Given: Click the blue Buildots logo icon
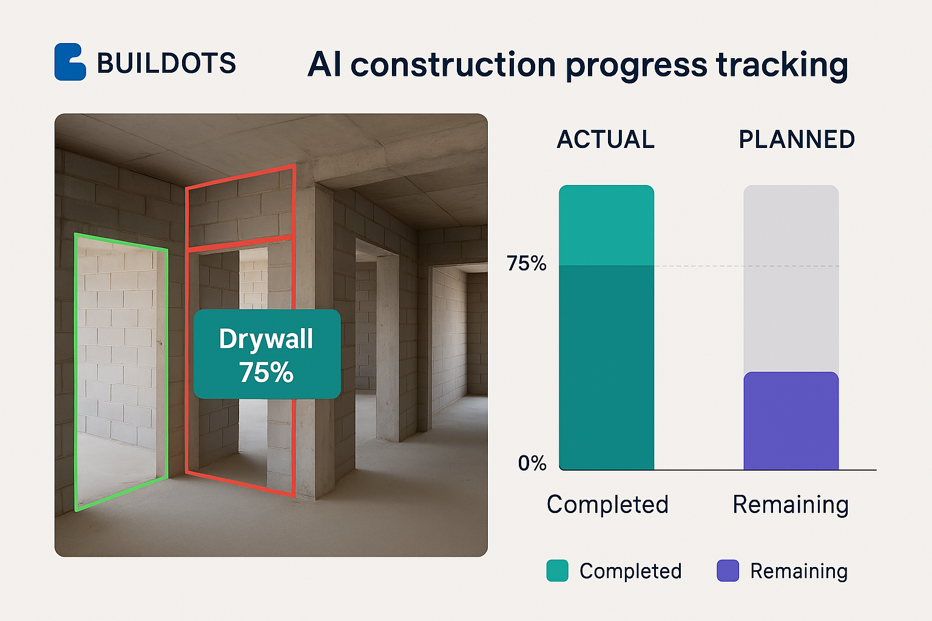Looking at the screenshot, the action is tap(70, 62).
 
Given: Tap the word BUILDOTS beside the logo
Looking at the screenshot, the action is tap(166, 63).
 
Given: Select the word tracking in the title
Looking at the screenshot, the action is tap(782, 65).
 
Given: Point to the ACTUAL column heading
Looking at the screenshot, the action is tap(606, 139).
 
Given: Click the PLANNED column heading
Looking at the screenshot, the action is tap(797, 139).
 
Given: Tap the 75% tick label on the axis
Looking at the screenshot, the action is tap(526, 263).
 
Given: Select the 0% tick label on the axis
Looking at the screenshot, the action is tap(532, 463).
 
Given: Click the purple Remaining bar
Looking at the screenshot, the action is tap(791, 420).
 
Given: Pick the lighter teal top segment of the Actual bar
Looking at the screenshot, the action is tap(607, 225).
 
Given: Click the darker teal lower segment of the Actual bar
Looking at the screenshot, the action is tap(607, 368).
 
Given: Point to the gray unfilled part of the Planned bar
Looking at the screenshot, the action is tap(791, 278).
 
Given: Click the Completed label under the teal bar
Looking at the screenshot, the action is tap(607, 505).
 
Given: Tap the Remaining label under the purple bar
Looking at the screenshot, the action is tap(791, 505).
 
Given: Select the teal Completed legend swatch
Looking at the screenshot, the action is tap(558, 570).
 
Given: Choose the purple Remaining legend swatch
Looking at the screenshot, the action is tap(728, 570).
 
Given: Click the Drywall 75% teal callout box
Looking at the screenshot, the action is tap(267, 354).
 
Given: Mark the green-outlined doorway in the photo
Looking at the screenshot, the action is tap(75, 372).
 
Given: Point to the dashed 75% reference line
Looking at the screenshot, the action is tap(747, 266).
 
